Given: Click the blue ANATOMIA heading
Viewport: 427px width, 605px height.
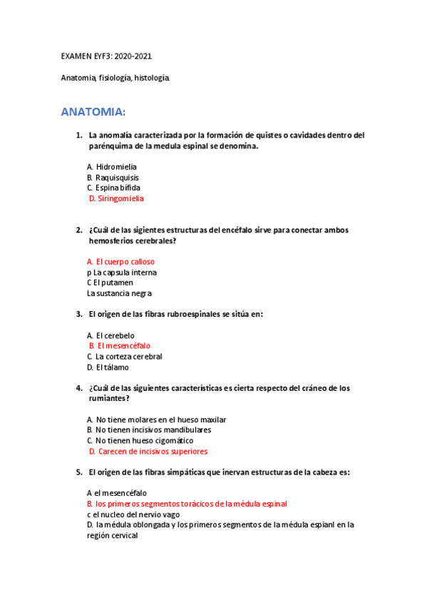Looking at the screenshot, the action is (x=93, y=112).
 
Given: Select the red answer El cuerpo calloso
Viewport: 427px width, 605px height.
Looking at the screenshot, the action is (x=125, y=262).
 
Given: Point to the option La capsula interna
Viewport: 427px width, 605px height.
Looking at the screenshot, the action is (x=125, y=273).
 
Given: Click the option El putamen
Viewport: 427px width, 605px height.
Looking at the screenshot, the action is (x=113, y=283).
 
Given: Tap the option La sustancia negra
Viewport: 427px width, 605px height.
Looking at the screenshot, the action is (x=119, y=293).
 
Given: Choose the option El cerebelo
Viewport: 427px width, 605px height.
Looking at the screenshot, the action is (x=115, y=335).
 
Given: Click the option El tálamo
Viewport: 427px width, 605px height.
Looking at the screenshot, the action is (x=114, y=367).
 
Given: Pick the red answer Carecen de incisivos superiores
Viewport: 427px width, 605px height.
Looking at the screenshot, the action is (x=153, y=451).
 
